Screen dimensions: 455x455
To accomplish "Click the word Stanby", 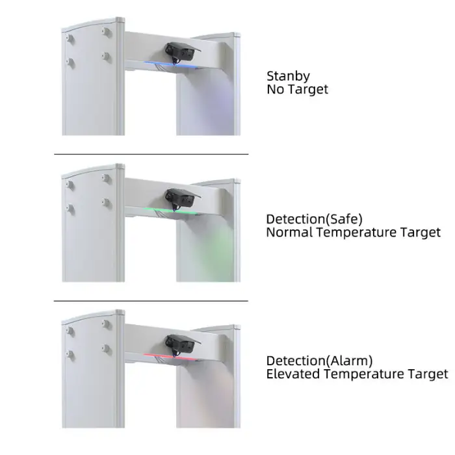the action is (288, 77).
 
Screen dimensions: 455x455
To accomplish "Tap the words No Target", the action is (298, 90).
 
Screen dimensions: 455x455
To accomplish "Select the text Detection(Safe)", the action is (314, 219).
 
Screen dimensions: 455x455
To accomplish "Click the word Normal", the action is (289, 232).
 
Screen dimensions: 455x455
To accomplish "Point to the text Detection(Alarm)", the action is (320, 361).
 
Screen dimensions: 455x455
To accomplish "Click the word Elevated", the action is (293, 374).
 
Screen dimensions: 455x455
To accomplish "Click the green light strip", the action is (170, 211).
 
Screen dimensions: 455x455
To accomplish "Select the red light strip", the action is (170, 357).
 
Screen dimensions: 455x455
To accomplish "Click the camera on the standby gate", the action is (181, 53).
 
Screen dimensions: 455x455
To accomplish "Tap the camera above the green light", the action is (181, 199).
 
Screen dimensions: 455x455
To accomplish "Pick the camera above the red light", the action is (181, 344).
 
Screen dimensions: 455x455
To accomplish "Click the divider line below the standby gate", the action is (151, 155).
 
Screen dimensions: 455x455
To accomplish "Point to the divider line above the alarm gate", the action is (151, 301).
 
